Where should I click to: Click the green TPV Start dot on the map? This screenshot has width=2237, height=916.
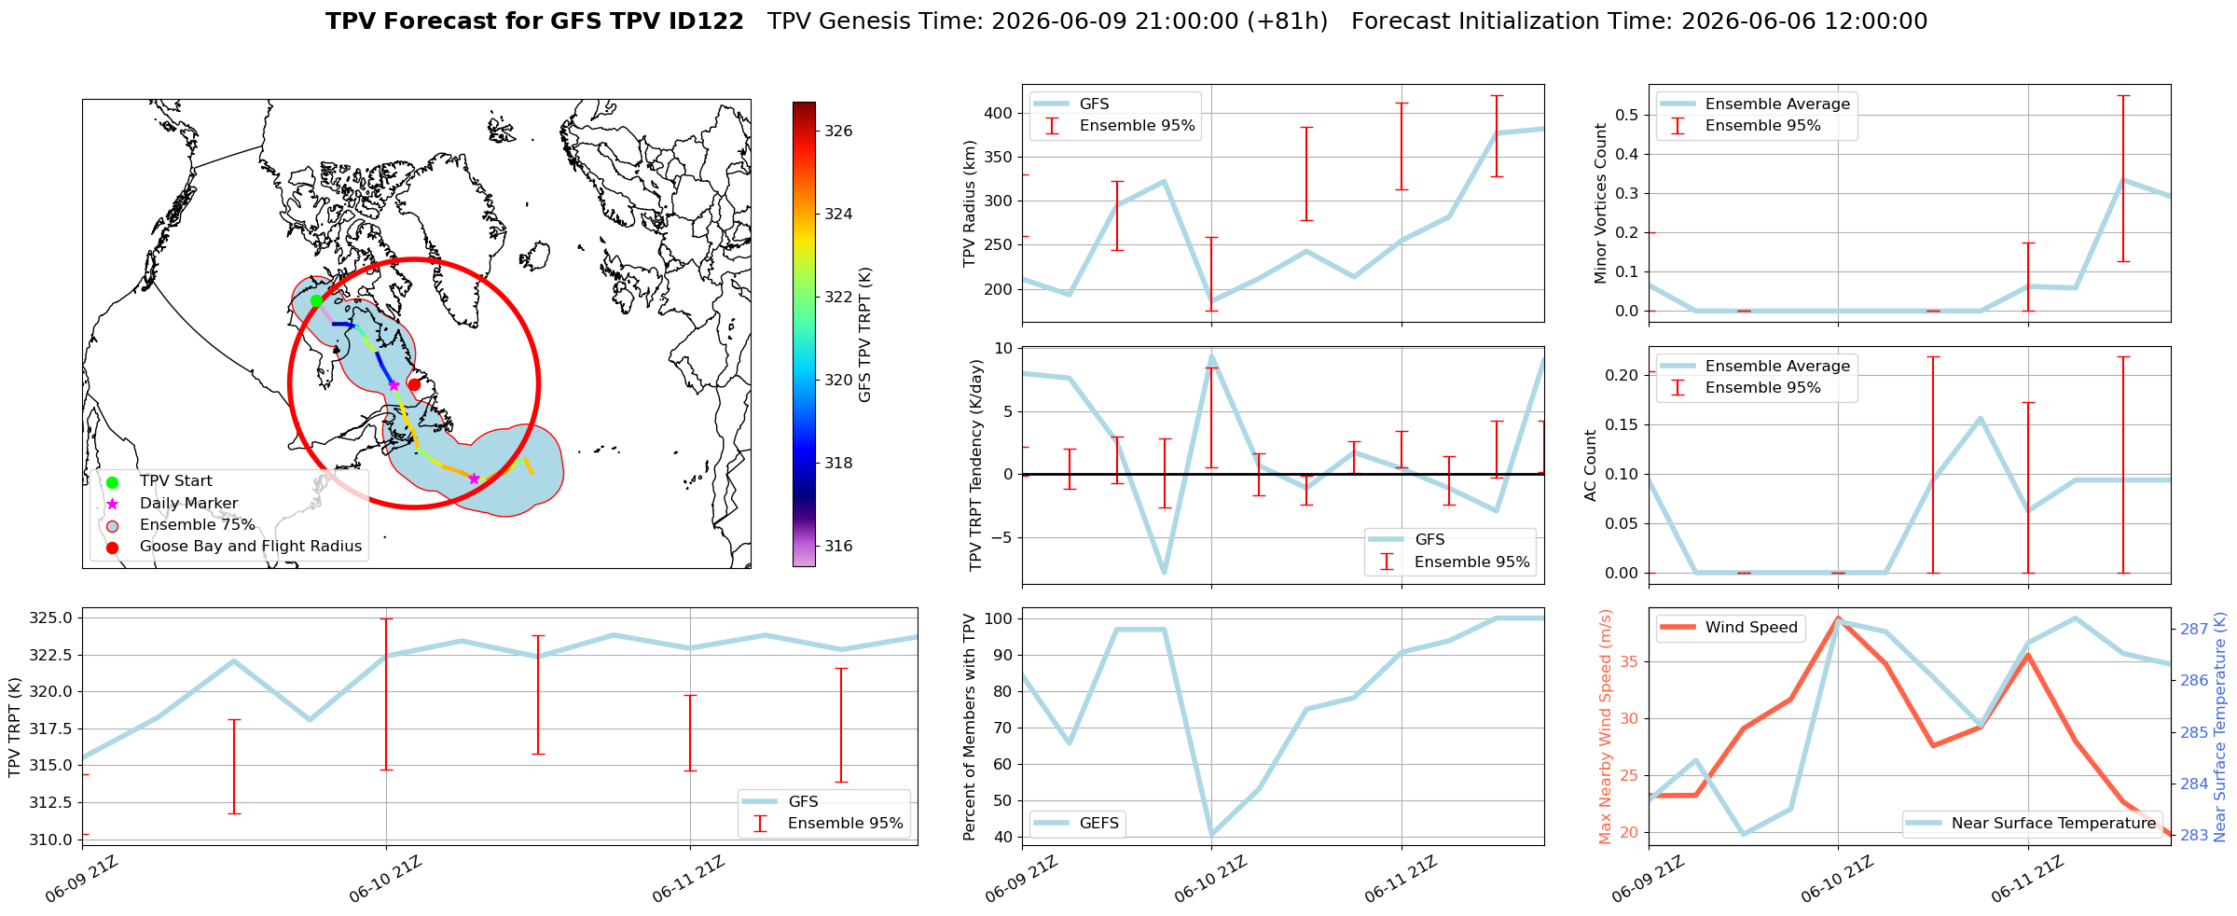click(316, 300)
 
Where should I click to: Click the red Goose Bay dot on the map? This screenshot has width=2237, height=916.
click(414, 384)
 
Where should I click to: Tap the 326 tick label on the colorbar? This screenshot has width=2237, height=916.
click(838, 132)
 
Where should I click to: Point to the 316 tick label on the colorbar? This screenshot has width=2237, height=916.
click(838, 547)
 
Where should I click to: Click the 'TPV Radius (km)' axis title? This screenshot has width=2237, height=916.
click(970, 203)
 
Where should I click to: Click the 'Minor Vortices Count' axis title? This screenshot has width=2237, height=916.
click(1600, 203)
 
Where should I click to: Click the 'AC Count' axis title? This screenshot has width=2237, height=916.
click(1591, 465)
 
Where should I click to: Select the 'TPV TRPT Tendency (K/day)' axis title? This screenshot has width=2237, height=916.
click(976, 465)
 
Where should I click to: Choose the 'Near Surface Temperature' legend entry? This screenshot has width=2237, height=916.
click(2031, 823)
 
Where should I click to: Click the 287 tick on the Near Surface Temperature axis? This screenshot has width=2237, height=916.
click(2193, 630)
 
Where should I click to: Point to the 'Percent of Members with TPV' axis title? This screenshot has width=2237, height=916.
click(970, 727)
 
